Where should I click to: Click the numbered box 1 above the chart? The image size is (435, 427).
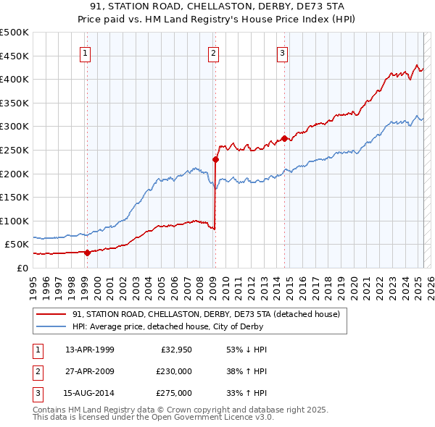click(86, 53)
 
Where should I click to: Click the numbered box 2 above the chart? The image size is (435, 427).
click(214, 53)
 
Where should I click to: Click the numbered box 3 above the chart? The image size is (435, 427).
click(282, 53)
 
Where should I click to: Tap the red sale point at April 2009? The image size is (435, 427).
click(215, 159)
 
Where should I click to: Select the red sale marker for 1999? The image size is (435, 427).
click(87, 253)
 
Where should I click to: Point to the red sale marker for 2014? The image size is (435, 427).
click(284, 138)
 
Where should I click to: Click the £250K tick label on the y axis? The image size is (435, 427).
click(15, 150)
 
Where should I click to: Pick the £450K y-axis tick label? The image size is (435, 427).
click(15, 56)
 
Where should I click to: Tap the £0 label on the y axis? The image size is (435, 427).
click(22, 268)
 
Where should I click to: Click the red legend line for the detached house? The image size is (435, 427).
click(51, 315)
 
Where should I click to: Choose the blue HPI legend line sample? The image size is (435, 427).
click(51, 326)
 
